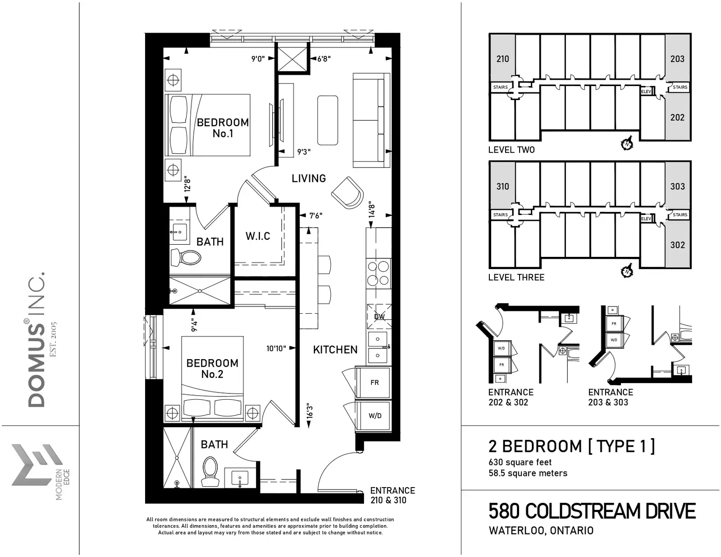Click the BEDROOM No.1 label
pos(223,128)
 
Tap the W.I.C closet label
pos(258,236)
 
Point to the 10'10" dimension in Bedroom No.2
pos(276,348)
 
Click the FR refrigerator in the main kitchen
pos(374,382)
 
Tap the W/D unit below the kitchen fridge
pos(374,415)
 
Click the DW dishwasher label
pos(379,316)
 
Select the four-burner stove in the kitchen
pos(379,274)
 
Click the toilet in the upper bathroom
pos(186,257)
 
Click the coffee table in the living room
pos(328,120)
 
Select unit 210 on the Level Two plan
pos(503,59)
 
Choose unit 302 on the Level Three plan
pos(678,245)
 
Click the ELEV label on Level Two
pos(646,91)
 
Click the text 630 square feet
pos(520,462)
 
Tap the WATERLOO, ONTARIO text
pos(541,530)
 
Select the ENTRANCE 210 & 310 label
pos(392,495)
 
